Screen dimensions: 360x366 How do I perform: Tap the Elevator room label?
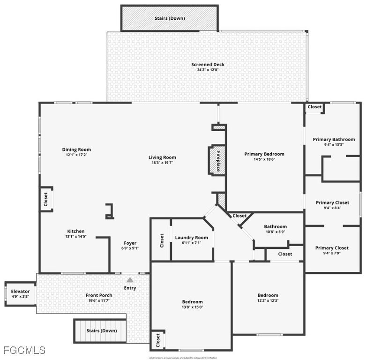tap(20, 291)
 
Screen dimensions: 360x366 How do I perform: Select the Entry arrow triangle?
tap(130, 280)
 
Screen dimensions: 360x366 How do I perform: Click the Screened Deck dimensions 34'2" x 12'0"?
tap(208, 70)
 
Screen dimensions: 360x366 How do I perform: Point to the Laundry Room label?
tap(191, 238)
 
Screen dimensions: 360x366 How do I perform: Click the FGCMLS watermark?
tap(24, 350)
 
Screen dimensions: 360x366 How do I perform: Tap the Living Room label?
tap(162, 157)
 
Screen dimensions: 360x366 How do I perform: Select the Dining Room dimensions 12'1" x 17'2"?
tap(76, 155)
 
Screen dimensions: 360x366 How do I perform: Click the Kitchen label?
tap(76, 231)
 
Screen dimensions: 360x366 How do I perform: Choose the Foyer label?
tap(130, 243)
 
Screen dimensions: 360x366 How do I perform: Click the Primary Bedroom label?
tap(264, 154)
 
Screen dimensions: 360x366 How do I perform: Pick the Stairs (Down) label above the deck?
tap(170, 18)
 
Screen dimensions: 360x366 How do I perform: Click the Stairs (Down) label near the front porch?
tap(102, 330)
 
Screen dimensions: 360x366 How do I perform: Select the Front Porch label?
tap(99, 295)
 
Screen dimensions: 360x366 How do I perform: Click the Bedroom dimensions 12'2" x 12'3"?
tap(268, 300)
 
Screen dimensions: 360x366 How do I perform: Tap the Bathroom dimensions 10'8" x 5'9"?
tap(275, 232)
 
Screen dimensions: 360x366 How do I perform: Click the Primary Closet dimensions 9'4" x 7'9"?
tap(331, 253)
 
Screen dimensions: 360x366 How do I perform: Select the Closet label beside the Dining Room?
tap(45, 199)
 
